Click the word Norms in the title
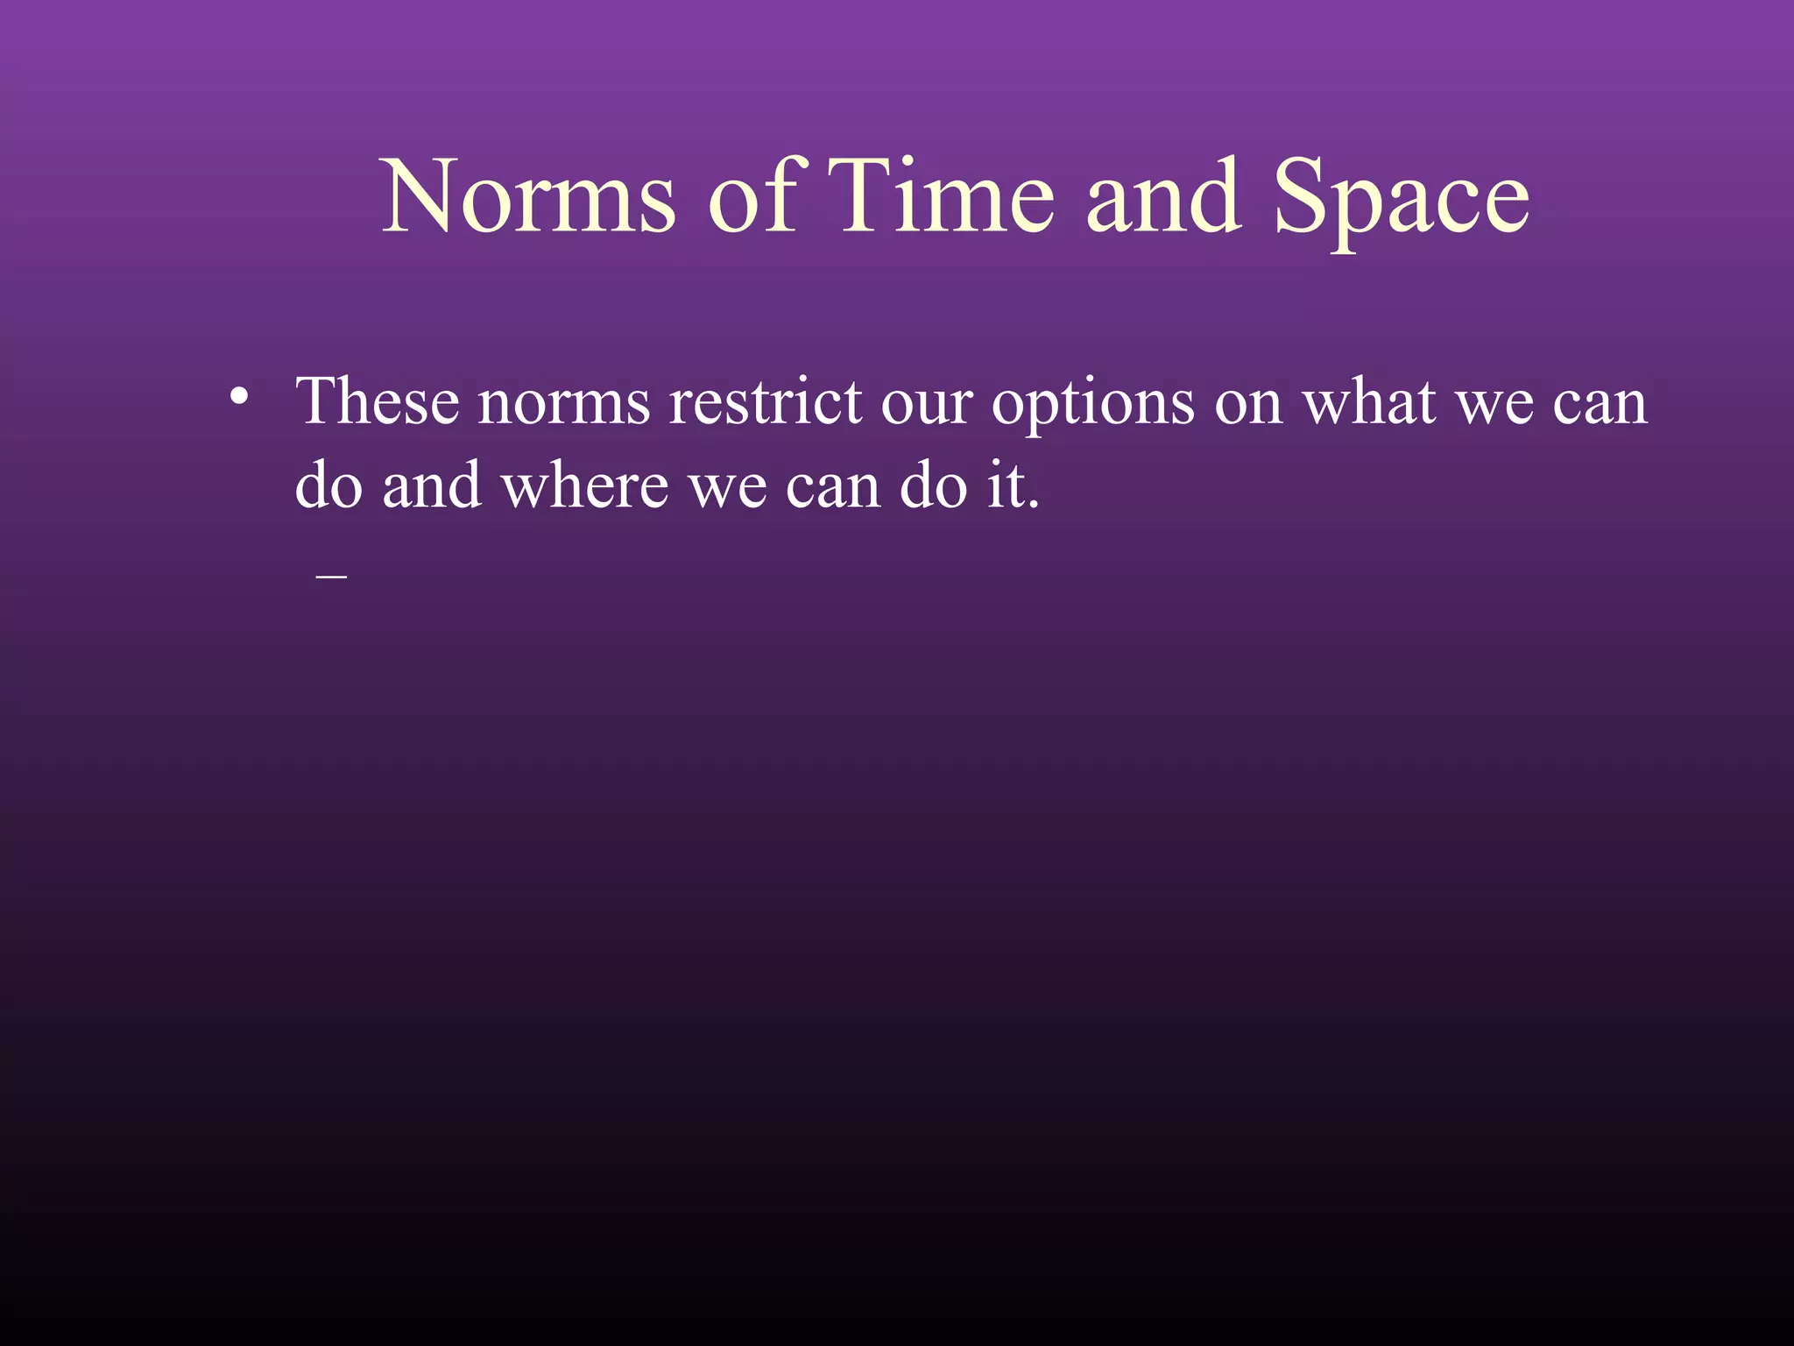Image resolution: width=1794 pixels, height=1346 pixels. click(529, 197)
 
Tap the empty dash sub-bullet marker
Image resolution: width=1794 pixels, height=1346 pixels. click(332, 576)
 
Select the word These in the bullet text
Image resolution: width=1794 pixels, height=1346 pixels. click(378, 402)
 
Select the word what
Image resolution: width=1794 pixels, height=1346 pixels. click(1369, 402)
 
